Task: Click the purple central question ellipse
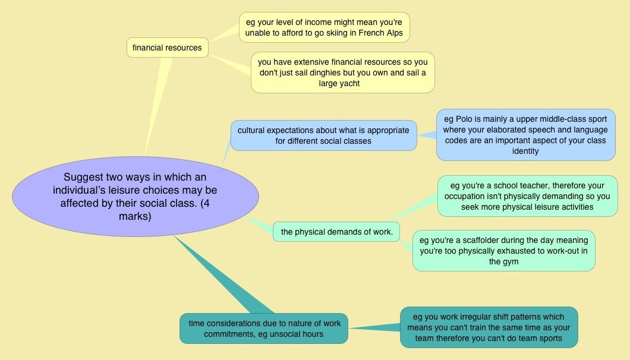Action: (x=135, y=197)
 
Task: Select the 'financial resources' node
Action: (x=167, y=48)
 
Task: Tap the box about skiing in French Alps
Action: (x=325, y=27)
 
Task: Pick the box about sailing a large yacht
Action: (x=342, y=72)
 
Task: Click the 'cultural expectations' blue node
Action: (x=323, y=135)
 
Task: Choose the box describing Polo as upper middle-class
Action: (x=525, y=134)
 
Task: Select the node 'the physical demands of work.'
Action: (x=336, y=232)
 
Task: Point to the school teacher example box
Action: (x=527, y=196)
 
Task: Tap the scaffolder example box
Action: (x=503, y=251)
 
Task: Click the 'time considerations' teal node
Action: (x=264, y=329)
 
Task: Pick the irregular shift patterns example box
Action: (x=489, y=327)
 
